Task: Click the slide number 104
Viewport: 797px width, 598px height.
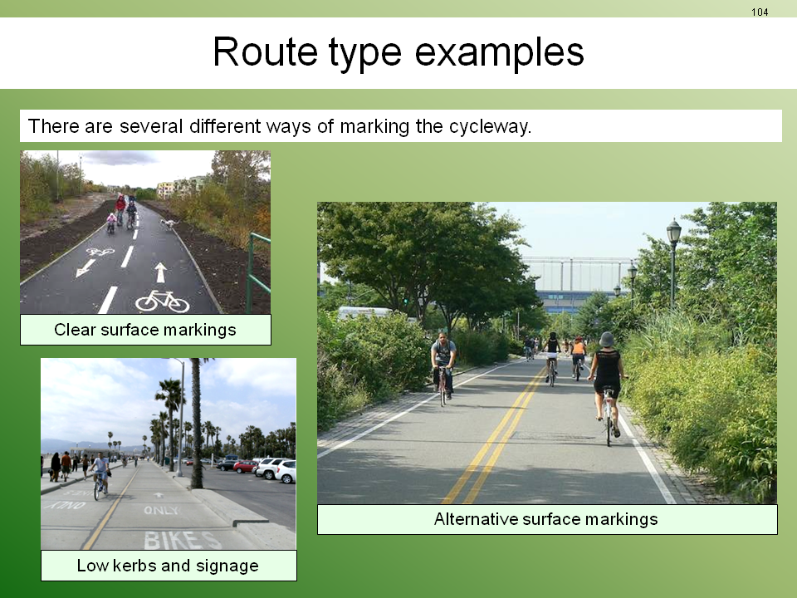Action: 760,12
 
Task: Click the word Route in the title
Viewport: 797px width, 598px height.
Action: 265,51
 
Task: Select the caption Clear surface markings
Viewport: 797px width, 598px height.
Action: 144,330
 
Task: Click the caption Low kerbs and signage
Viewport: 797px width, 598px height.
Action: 168,566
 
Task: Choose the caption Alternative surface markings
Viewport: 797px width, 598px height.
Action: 546,519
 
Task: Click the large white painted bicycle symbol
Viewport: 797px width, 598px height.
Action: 162,301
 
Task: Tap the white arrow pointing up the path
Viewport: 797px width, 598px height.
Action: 160,272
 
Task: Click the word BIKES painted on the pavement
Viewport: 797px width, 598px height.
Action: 182,540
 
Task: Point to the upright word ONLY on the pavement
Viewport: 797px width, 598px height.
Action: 162,510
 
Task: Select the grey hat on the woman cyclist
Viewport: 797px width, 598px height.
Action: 606,339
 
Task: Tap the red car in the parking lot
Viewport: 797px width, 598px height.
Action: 246,466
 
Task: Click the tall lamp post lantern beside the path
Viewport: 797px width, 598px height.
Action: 673,232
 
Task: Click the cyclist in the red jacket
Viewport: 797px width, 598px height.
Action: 120,207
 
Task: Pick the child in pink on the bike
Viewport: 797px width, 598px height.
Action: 110,223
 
